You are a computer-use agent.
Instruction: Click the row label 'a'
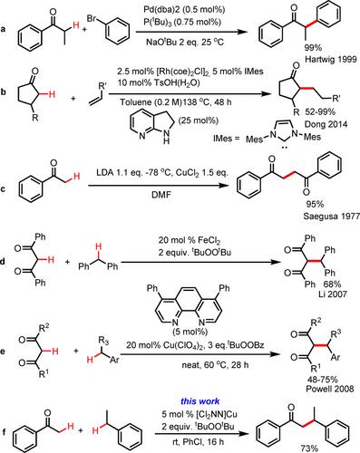pos(3,30)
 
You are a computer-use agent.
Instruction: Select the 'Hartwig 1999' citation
pos(331,59)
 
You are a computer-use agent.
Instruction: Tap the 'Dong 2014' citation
pos(326,124)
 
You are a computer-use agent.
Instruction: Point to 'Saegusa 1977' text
pos(332,217)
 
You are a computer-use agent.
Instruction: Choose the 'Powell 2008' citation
pos(330,389)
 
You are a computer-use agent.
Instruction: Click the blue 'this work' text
pos(200,401)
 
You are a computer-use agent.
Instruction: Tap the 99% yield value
pos(313,47)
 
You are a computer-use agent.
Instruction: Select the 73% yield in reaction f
pos(309,448)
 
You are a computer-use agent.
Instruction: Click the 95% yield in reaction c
pos(316,204)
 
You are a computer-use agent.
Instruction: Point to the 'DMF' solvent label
pos(161,195)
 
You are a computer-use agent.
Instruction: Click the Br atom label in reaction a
pos(92,19)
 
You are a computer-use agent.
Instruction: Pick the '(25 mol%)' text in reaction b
pos(199,120)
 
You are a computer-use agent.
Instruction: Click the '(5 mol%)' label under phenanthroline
pos(190,332)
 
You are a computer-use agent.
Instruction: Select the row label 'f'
pos(4,432)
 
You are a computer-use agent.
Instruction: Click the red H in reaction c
pos(77,176)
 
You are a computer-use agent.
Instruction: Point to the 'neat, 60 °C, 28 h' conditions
pos(215,365)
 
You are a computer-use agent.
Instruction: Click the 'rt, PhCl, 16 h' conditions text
pos(197,442)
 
